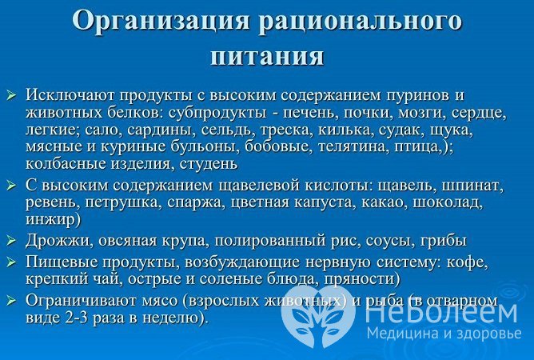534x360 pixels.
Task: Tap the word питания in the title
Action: [x=268, y=56]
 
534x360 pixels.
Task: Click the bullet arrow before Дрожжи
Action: [x=11, y=241]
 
